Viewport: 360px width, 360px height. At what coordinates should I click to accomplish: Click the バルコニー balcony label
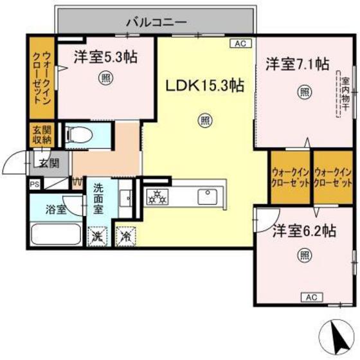pos(156,21)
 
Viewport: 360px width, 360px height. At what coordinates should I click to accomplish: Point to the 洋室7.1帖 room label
pos(298,64)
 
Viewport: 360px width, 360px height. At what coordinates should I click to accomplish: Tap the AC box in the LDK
pos(240,44)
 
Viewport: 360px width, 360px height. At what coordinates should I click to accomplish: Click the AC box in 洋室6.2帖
pos(311,297)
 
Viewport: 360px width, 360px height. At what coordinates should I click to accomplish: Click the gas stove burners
pos(157,197)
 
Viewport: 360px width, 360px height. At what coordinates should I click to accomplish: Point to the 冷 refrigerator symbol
pos(125,236)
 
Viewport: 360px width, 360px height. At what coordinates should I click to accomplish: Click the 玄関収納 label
pos(37,136)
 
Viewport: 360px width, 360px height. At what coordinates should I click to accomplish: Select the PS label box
pos(33,184)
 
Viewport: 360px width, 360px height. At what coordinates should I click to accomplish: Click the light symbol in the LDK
pos(204,118)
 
